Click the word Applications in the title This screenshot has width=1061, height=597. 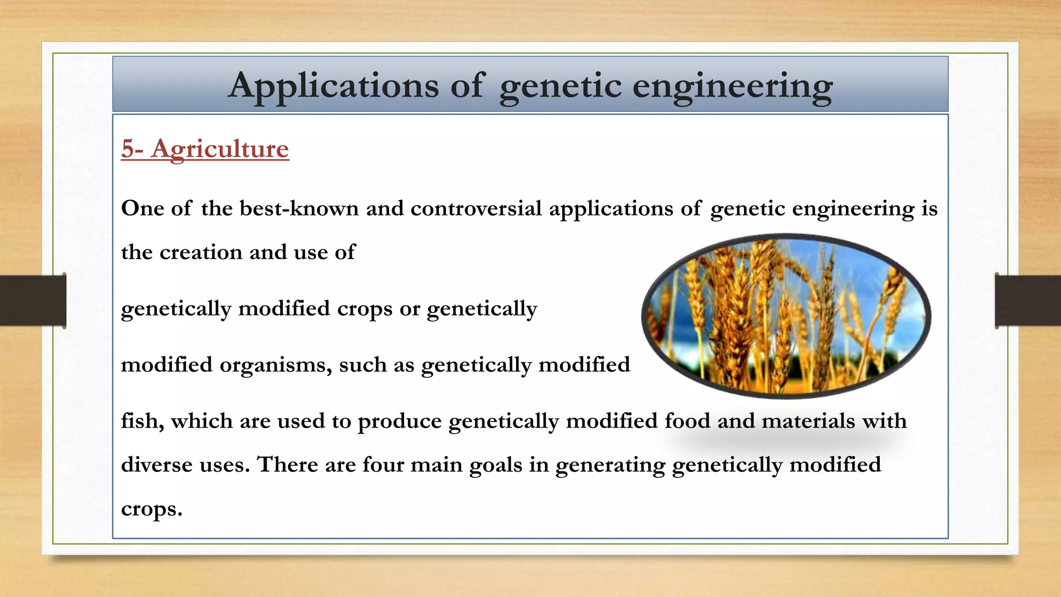coord(334,86)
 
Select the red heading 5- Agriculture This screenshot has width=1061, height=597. coord(205,149)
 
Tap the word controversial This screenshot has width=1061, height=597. coord(476,208)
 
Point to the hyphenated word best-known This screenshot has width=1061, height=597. coord(299,208)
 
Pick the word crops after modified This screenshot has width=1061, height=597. coord(364,309)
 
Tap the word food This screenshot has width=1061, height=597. coord(687,421)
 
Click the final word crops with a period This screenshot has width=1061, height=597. coord(151,510)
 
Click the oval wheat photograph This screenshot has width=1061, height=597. coord(786,316)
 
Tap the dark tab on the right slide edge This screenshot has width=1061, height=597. coord(1028,301)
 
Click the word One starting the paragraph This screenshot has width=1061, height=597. coord(142,208)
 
